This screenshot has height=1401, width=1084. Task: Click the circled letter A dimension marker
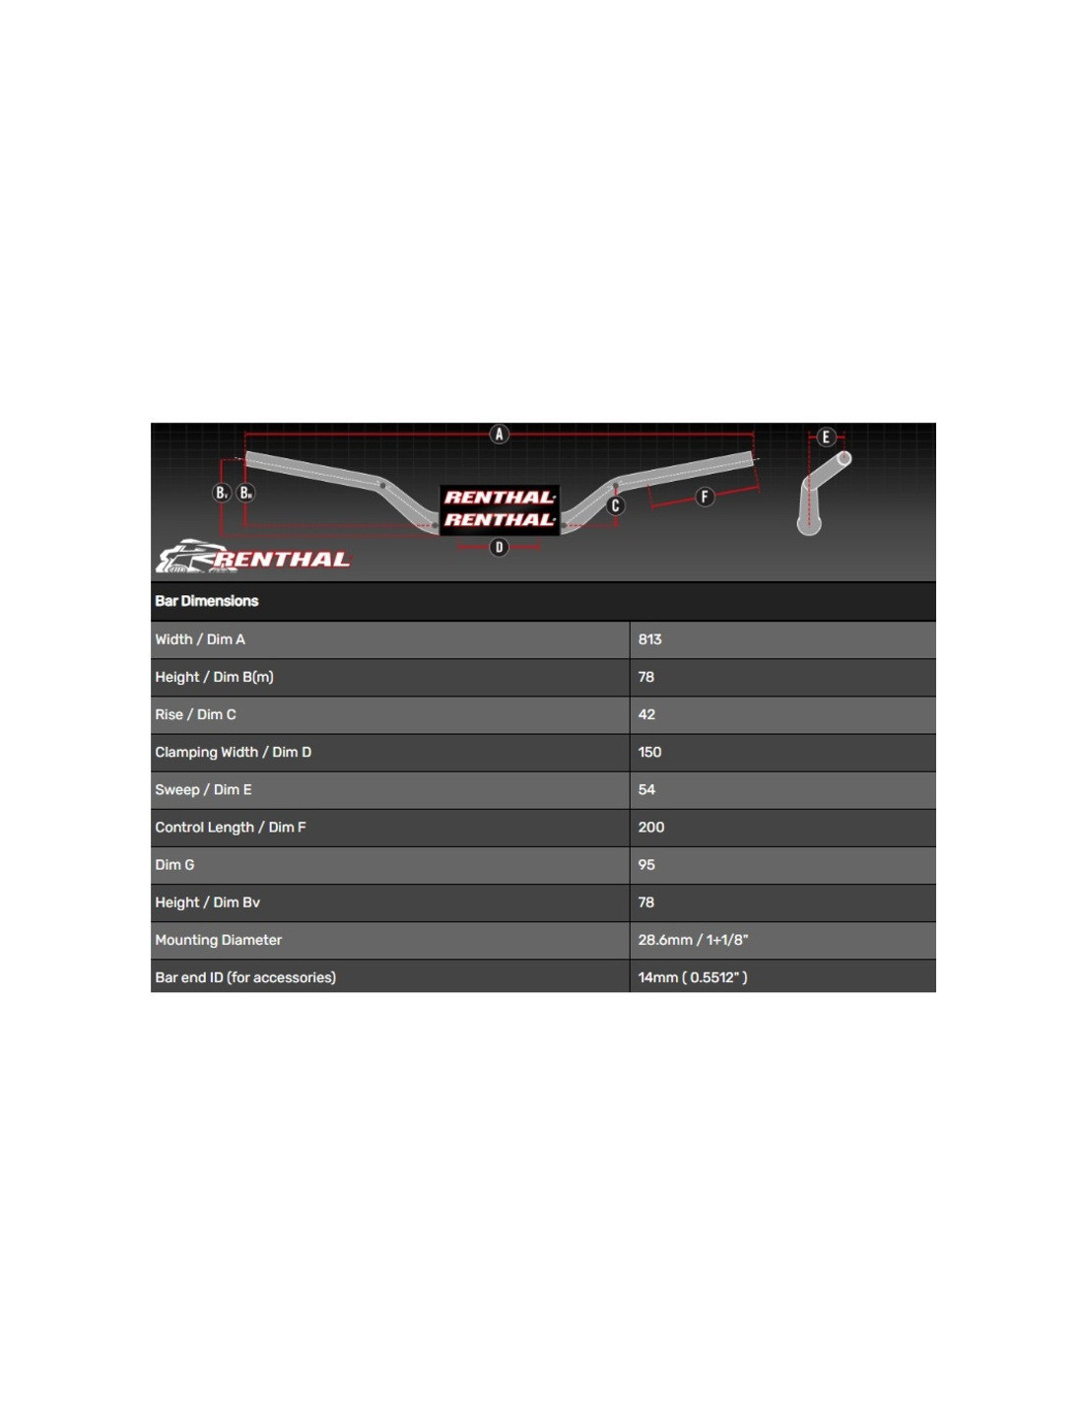(499, 434)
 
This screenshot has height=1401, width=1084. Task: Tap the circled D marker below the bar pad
(499, 548)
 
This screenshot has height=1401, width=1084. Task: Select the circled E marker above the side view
(826, 437)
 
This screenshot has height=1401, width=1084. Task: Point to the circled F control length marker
(705, 497)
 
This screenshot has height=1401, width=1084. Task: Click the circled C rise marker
(615, 505)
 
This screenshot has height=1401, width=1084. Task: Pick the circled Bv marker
(221, 494)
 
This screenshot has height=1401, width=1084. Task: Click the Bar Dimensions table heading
(206, 601)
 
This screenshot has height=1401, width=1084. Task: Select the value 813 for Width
(649, 639)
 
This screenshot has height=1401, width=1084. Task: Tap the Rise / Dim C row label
(195, 714)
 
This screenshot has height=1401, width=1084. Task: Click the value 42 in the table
(646, 714)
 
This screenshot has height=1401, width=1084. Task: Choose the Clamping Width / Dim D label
(233, 752)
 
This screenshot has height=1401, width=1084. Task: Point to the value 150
(649, 752)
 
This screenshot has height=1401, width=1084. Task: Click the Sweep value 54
(646, 789)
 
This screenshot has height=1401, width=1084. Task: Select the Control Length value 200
(650, 828)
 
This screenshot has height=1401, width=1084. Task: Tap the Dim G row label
(174, 865)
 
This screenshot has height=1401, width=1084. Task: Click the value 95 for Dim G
(646, 865)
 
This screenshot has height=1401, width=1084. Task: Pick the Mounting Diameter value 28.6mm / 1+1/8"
(693, 939)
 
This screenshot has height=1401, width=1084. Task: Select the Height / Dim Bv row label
(207, 901)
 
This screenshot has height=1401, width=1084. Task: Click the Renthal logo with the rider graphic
(253, 557)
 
